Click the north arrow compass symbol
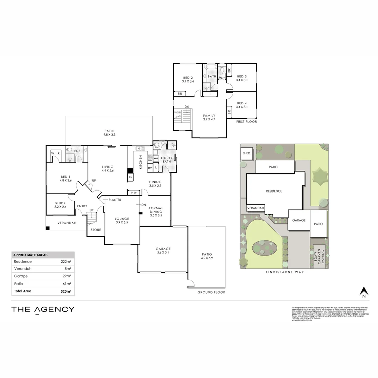(x=364, y=292)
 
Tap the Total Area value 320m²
(x=64, y=291)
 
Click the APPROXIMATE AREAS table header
(x=30, y=255)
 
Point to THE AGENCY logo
(x=43, y=309)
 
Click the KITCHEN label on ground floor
(x=141, y=162)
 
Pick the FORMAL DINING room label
(x=155, y=209)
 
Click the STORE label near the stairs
(x=96, y=230)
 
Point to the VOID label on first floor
(x=177, y=112)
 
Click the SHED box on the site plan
(x=246, y=153)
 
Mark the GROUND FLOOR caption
(x=211, y=292)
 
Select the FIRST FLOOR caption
(x=246, y=122)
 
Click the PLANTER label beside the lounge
(x=115, y=200)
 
